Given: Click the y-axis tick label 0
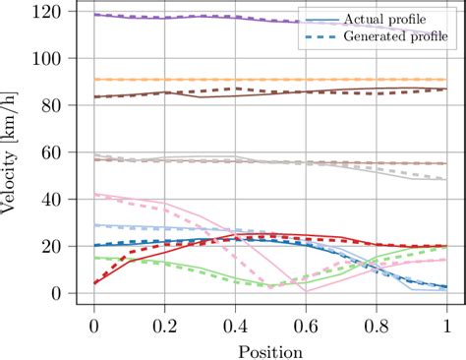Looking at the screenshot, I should [x=63, y=293].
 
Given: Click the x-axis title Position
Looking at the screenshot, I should [x=269, y=348].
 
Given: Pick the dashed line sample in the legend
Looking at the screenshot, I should [x=320, y=36].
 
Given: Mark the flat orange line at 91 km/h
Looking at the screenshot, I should [x=246, y=80].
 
